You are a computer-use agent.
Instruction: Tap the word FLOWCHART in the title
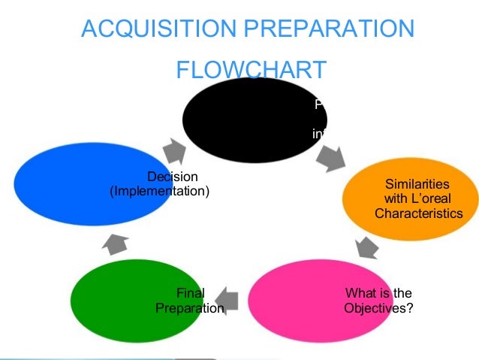pos(251,71)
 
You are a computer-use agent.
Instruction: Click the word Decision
pos(172,177)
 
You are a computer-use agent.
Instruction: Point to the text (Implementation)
pos(160,192)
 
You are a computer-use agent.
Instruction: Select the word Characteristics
pos(418,213)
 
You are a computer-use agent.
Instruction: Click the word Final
pos(189,293)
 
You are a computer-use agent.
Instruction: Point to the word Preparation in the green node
pos(189,308)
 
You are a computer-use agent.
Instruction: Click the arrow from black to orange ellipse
pos(330,157)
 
